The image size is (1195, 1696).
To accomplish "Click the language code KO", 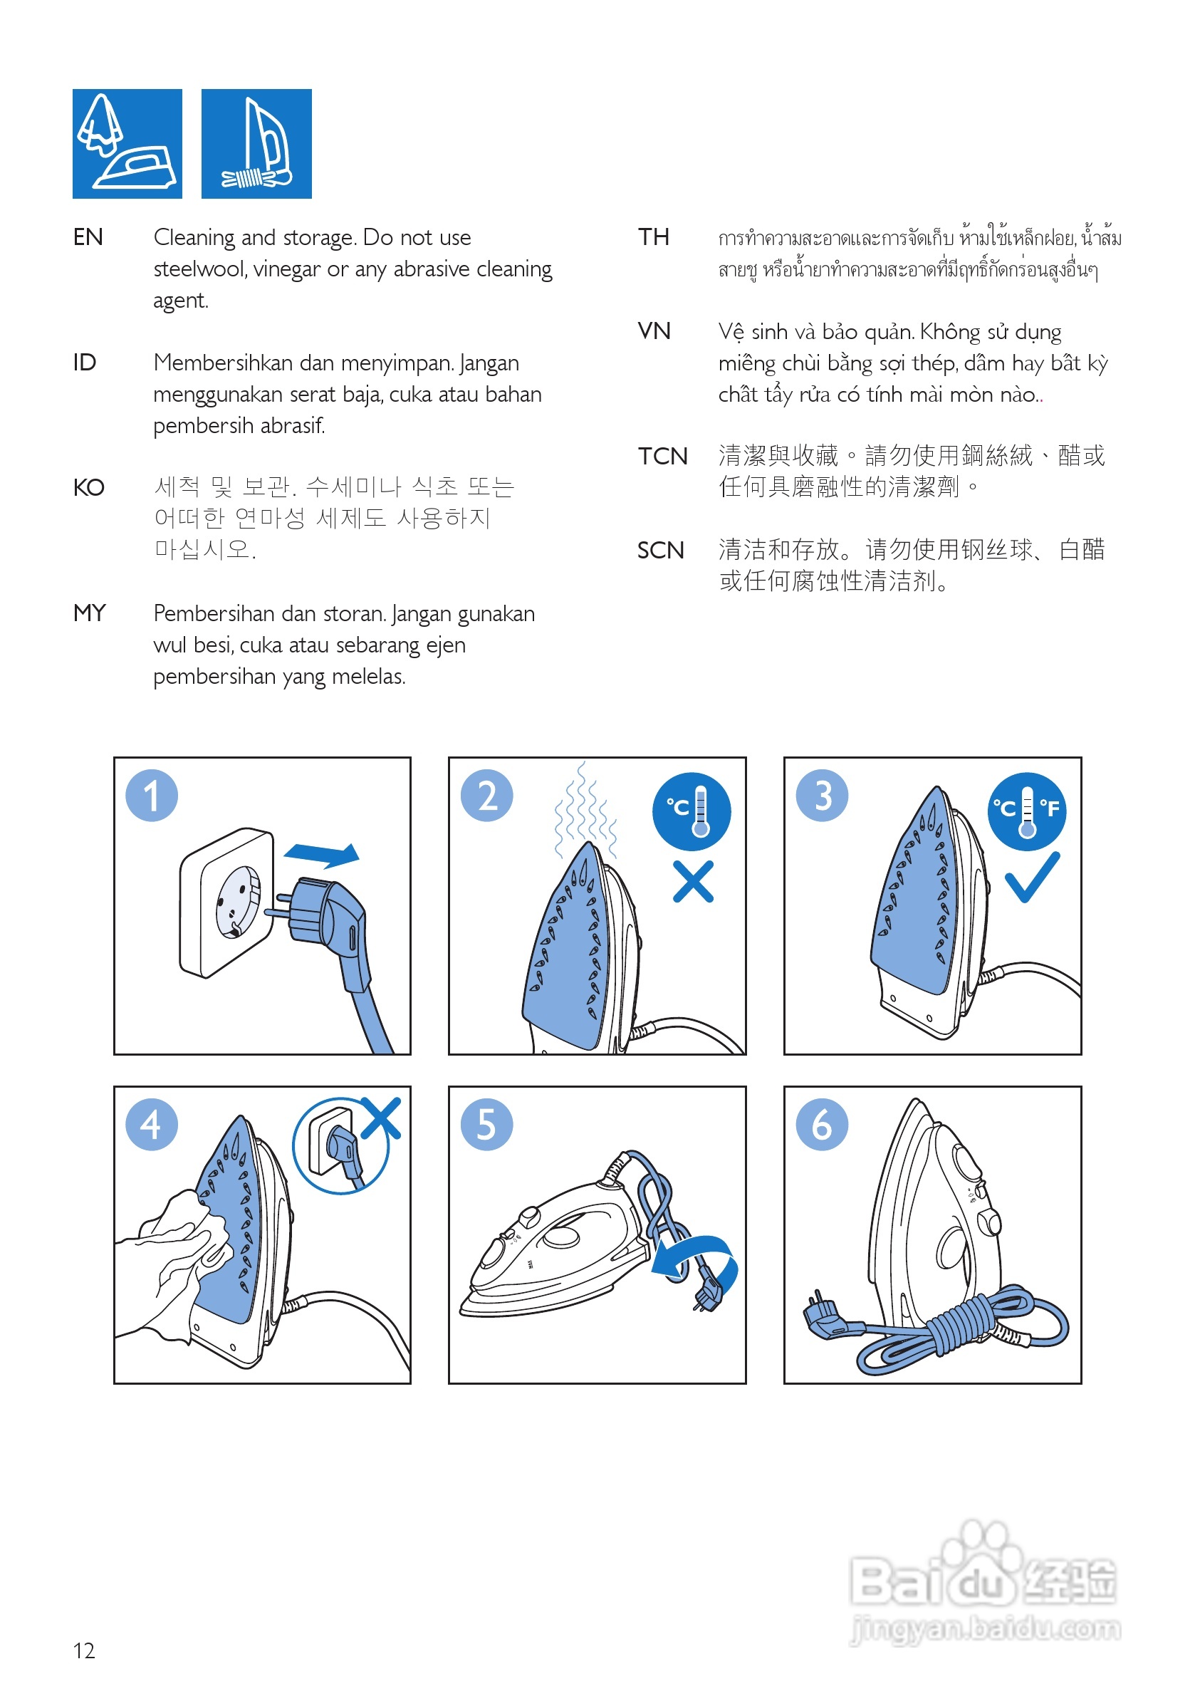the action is [88, 487].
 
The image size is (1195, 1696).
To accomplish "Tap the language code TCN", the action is [662, 456].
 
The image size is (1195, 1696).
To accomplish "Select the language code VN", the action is [654, 331].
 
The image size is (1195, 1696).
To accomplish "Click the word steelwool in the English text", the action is [199, 269].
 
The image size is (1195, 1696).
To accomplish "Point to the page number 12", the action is [84, 1650].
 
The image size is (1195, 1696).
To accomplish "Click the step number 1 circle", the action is [152, 796].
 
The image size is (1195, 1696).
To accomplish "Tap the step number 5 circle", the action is [486, 1124].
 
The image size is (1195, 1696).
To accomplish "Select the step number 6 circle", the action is [821, 1124].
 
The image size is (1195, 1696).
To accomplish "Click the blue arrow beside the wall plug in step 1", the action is [321, 855].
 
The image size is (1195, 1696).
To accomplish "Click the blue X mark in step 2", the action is [693, 881].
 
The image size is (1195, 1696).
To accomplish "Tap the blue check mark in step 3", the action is [1032, 877].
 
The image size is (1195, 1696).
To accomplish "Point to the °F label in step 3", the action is [1050, 808].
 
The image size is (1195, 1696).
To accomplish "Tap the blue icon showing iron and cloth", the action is [127, 144].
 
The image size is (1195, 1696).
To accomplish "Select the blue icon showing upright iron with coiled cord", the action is [256, 144].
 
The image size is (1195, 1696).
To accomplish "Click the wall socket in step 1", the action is [226, 902].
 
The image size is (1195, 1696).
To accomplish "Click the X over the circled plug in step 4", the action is [381, 1118].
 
